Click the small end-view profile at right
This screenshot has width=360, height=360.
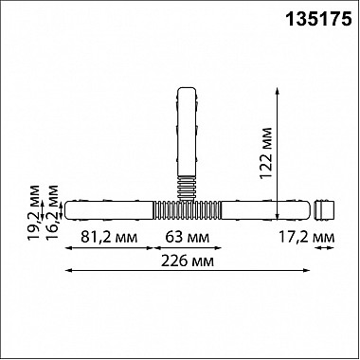[326, 206]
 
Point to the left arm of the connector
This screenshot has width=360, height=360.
[109, 206]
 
